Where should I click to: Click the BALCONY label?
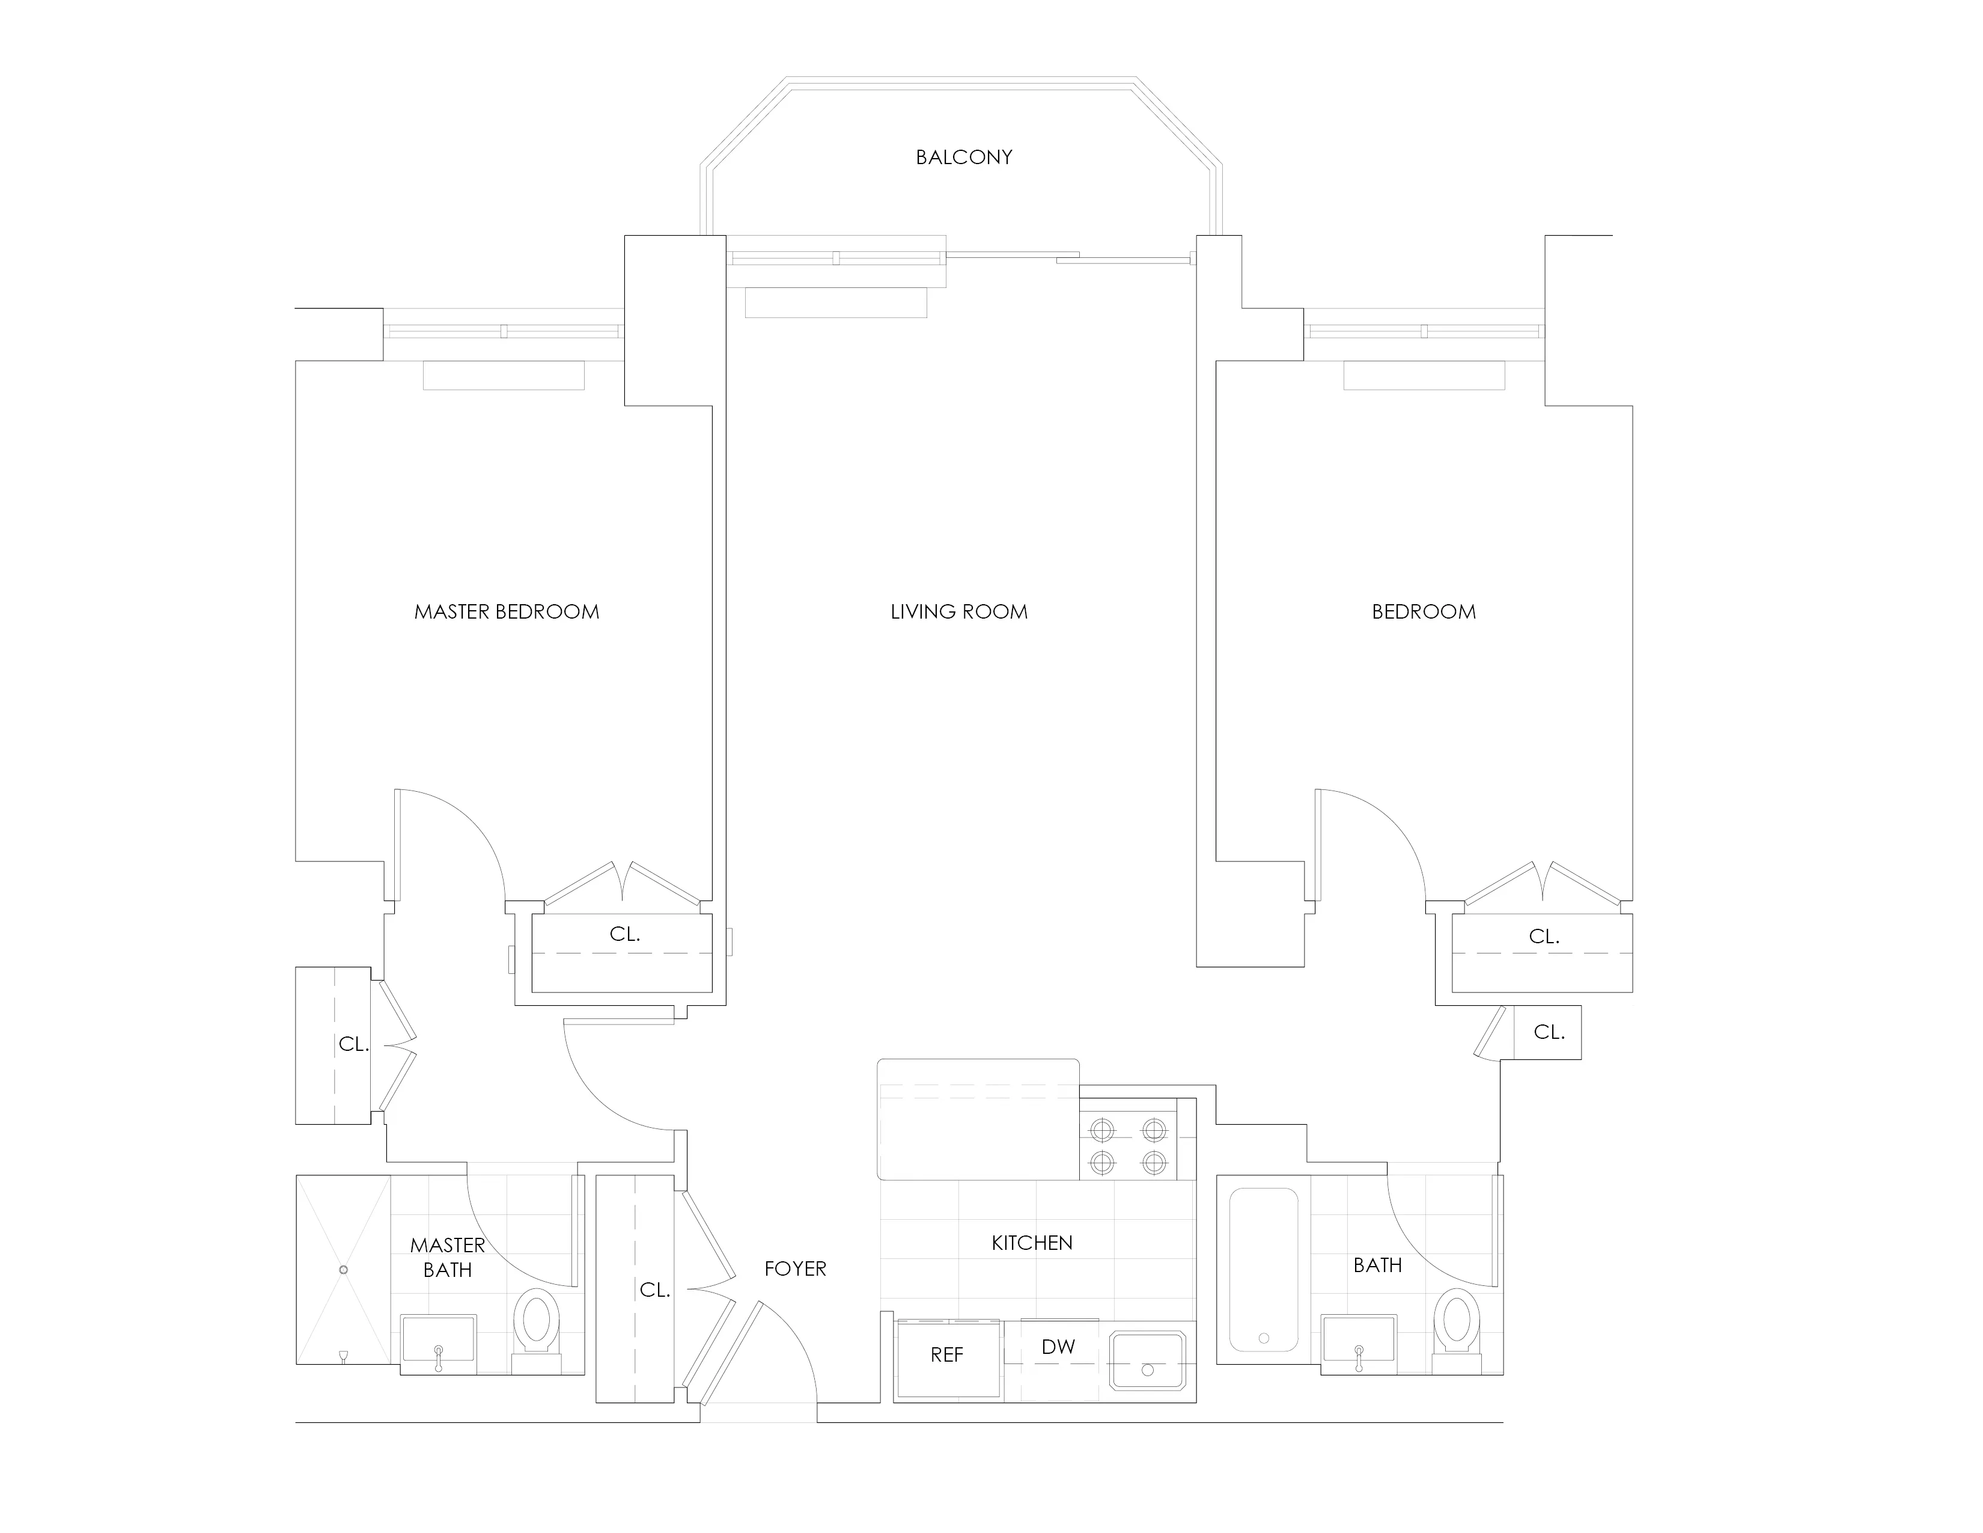(963, 157)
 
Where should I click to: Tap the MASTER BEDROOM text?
(507, 612)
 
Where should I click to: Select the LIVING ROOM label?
(959, 612)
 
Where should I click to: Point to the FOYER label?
(796, 1268)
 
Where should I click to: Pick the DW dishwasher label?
(1058, 1347)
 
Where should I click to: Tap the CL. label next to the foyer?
(654, 1290)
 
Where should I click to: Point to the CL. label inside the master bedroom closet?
(625, 934)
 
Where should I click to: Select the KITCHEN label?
(1031, 1243)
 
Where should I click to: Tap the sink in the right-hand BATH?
(1358, 1341)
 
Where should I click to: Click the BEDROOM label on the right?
(1424, 612)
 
